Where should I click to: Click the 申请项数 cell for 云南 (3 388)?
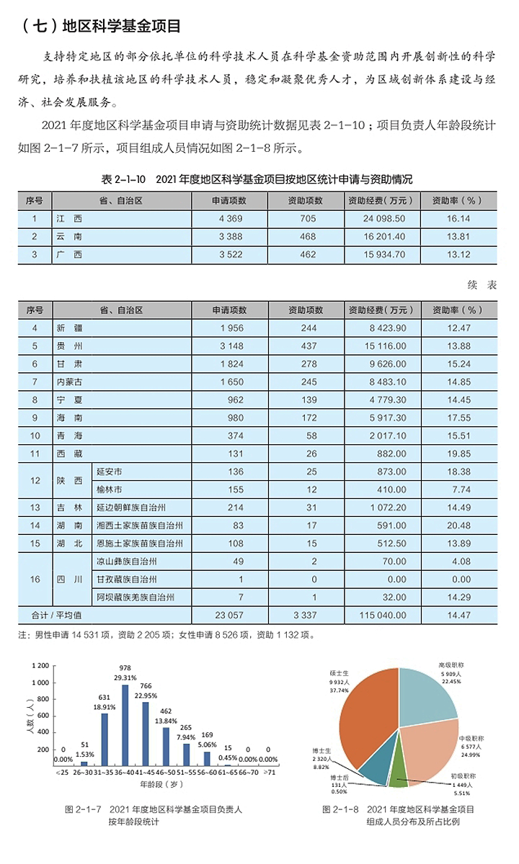click(x=229, y=236)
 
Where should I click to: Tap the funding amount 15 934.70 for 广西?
click(x=381, y=254)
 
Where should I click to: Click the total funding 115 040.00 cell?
click(x=381, y=616)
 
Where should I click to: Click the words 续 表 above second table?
click(x=482, y=286)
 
